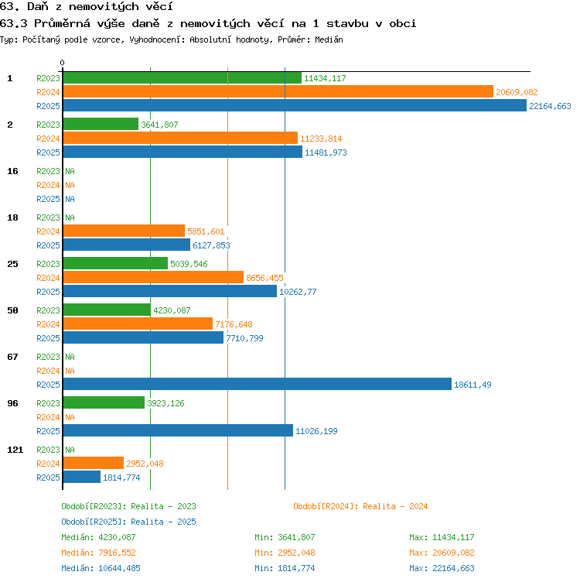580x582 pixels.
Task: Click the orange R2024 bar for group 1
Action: coord(278,91)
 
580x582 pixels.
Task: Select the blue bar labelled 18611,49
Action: coord(258,384)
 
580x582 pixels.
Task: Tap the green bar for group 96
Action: coord(104,402)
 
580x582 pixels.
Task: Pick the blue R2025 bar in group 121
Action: coord(82,477)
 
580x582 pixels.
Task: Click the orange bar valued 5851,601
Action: coord(124,231)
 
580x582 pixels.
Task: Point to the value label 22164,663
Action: coord(550,106)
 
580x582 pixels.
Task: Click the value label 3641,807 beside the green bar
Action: coord(159,125)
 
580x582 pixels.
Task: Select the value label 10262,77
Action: coord(298,292)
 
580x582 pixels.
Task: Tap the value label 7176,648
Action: coord(234,324)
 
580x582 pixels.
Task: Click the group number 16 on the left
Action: coord(12,171)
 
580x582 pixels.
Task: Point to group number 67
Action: coord(12,357)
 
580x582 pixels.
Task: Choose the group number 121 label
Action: coord(15,450)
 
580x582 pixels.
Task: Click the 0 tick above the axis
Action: coord(63,63)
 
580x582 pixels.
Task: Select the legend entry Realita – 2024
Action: coord(395,506)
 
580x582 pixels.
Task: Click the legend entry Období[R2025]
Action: coord(91,522)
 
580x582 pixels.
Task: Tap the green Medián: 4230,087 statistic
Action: coord(98,537)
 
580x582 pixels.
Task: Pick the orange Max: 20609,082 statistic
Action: coord(442,553)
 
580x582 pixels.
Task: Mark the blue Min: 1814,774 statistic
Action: coord(285,568)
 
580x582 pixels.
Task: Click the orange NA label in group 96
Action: coord(70,417)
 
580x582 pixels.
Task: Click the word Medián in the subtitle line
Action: coord(329,39)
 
